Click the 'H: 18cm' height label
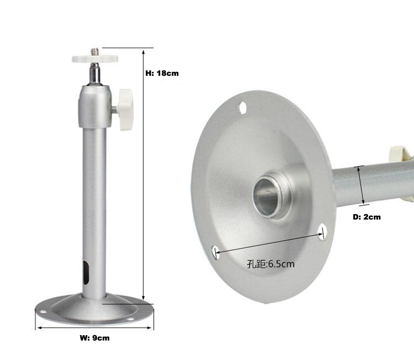162,73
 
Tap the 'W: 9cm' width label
94,338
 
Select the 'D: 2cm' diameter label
367,217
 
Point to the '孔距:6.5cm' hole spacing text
271,264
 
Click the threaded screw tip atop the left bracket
94,52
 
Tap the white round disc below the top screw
94,59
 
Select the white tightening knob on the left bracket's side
125,109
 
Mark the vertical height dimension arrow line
143,174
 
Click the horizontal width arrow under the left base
94,328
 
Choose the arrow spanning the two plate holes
269,243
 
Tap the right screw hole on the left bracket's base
130,319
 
